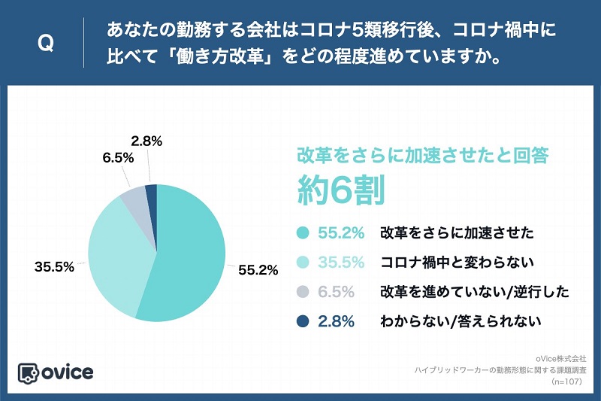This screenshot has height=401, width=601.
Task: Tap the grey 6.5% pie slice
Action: click(134, 197)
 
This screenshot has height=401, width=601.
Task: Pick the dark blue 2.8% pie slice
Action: click(151, 193)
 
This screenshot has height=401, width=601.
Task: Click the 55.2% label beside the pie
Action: click(258, 269)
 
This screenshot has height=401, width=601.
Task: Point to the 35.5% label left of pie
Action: click(53, 266)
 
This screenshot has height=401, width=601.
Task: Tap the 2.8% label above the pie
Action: click(146, 141)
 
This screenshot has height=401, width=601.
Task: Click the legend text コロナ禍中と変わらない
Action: click(458, 263)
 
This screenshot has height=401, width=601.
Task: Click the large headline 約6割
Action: click(341, 189)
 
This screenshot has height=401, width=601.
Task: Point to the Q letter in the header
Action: click(45, 44)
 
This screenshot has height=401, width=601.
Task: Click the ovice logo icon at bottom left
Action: click(29, 372)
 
